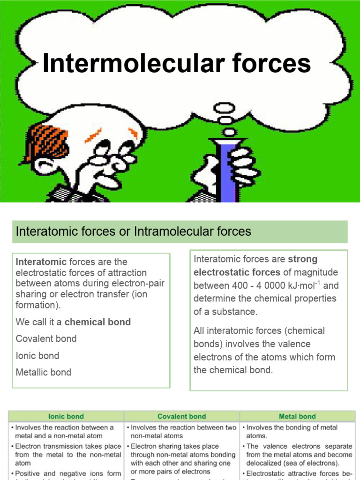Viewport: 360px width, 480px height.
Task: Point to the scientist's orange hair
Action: click(47, 141)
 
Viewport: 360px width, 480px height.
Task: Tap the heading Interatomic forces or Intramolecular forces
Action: click(134, 231)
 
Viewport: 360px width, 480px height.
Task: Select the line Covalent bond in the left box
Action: click(46, 338)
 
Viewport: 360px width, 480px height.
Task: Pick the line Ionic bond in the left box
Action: click(37, 355)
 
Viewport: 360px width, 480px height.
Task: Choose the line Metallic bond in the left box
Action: click(44, 372)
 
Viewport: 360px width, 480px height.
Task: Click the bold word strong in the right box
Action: click(303, 259)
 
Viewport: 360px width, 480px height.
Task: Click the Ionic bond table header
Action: click(66, 416)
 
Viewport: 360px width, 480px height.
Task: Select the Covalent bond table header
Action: click(181, 416)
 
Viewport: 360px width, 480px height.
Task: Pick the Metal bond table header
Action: click(297, 416)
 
